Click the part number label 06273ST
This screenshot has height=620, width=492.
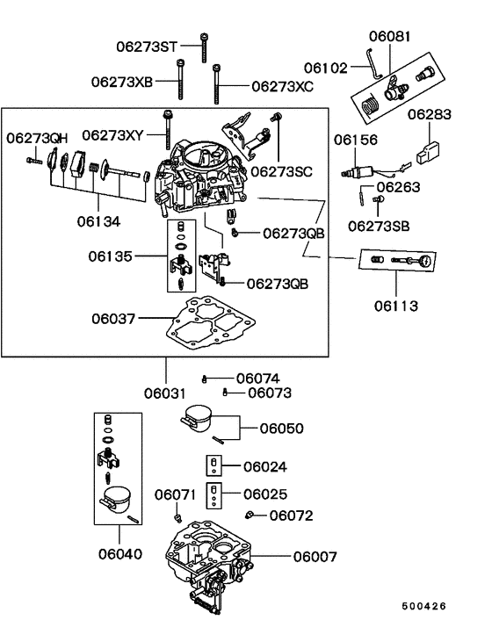point(148,45)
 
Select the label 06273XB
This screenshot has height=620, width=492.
point(122,82)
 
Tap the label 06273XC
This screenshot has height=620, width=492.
point(282,87)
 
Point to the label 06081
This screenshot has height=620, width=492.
point(389,36)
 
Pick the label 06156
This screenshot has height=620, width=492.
point(354,139)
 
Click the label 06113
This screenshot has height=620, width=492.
point(394,306)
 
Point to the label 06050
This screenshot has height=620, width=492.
point(281,429)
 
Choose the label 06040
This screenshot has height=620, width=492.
point(118,555)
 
